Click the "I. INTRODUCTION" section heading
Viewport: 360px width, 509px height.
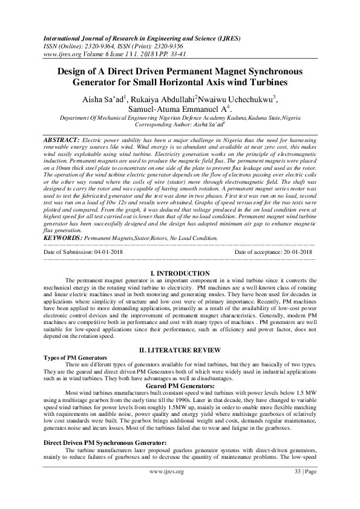click(x=180, y=274)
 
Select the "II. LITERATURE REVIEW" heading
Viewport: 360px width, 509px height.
click(x=180, y=350)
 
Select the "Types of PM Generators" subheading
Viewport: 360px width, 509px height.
click(x=76, y=358)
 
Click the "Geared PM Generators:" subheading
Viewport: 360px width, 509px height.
click(x=180, y=385)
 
